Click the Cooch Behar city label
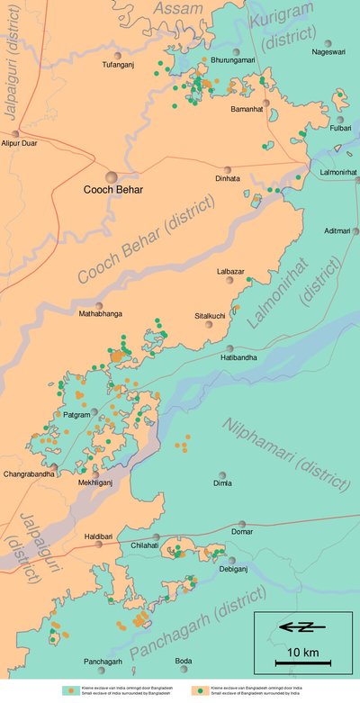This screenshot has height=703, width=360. point(112,190)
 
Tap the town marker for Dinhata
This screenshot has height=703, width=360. point(227,169)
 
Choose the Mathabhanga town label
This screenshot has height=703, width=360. point(101,313)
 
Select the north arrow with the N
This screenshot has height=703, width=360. point(301,626)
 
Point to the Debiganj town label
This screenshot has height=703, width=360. point(232,570)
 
